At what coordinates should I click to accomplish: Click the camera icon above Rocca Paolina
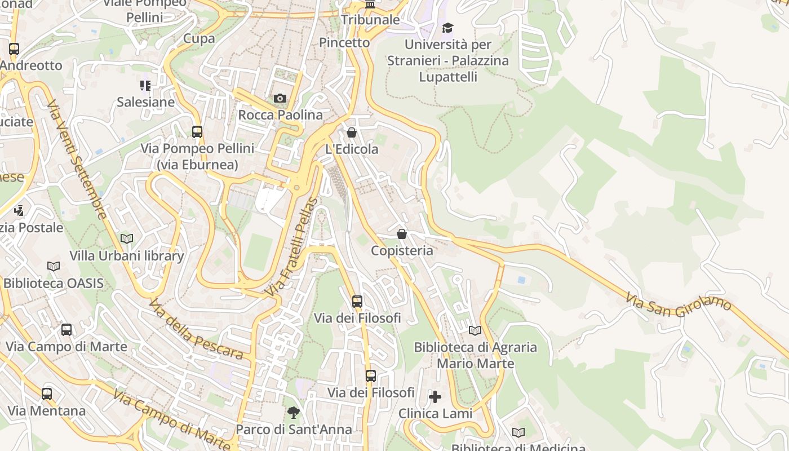click(280, 99)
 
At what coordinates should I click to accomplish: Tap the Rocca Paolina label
click(281, 115)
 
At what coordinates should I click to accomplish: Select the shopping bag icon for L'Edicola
click(352, 132)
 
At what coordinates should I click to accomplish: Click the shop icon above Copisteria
click(402, 233)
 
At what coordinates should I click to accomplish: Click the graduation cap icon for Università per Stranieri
click(447, 28)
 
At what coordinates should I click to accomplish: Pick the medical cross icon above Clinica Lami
click(435, 397)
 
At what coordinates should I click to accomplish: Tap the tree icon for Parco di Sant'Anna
click(293, 413)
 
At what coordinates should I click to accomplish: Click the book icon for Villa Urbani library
click(127, 239)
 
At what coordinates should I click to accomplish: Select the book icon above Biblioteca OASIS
click(54, 266)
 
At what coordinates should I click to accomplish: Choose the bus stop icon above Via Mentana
click(47, 394)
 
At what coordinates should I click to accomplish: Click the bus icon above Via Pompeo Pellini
click(197, 132)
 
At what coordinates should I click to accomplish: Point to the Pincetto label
click(344, 42)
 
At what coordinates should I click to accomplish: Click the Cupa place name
click(199, 38)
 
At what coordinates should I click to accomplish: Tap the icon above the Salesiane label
click(145, 86)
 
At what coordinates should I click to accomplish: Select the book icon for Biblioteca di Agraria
click(475, 330)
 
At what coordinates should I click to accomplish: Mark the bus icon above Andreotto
click(14, 49)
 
